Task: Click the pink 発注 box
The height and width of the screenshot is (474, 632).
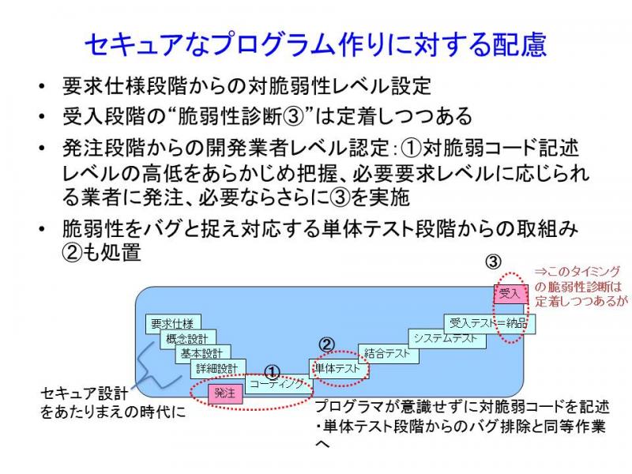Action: (225, 393)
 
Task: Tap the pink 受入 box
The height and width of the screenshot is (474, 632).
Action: (510, 294)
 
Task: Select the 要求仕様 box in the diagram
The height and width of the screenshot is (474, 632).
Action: (173, 324)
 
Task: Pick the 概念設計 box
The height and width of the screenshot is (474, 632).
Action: (188, 339)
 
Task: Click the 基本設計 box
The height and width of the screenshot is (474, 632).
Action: (203, 354)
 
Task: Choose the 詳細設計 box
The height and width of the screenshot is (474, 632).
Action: (218, 368)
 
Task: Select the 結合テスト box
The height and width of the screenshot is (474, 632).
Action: (389, 354)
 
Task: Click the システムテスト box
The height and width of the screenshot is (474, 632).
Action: (447, 339)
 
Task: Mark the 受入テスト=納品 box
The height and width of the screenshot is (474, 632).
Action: (490, 323)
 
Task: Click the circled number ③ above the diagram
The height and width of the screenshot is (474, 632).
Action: (493, 262)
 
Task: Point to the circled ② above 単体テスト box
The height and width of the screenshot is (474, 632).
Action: (327, 344)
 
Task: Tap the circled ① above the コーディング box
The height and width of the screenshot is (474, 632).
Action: (272, 372)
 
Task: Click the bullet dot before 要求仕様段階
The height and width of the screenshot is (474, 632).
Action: (42, 86)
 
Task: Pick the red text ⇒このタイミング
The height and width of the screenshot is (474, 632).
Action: (577, 272)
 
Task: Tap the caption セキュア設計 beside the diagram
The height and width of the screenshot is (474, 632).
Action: (85, 393)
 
